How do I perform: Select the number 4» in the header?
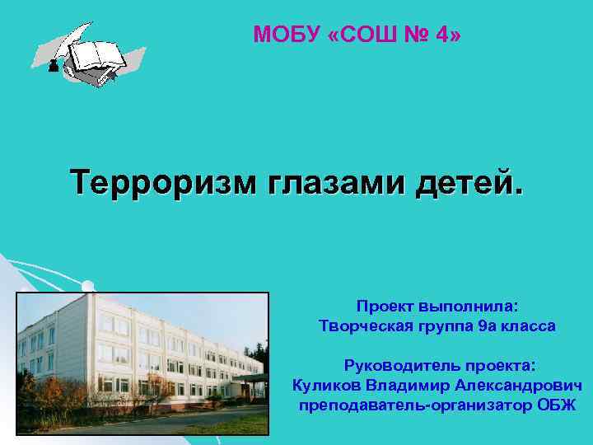click(446, 35)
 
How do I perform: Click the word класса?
click(530, 326)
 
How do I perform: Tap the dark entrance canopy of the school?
click(252, 381)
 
